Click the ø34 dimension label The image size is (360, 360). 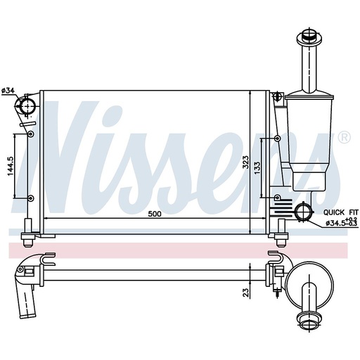coord(8,90)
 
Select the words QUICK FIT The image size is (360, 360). coord(340,212)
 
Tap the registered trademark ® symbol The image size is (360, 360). coord(343,137)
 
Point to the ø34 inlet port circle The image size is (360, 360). coord(27,106)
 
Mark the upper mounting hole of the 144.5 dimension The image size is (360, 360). coord(30,133)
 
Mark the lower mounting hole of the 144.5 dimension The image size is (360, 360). coord(30,198)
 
